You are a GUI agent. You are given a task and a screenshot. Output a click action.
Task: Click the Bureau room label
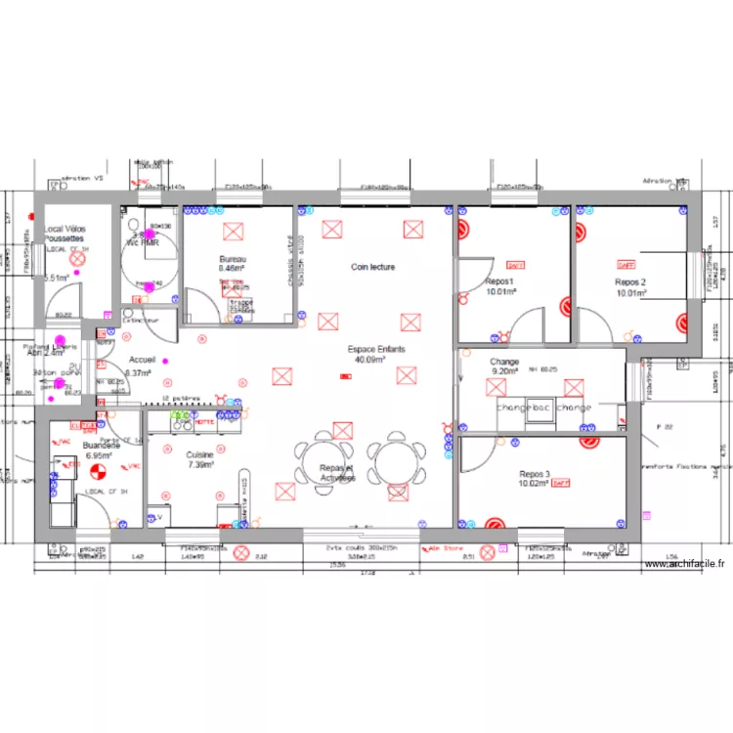(233, 258)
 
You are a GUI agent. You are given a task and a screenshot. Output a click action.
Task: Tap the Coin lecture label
(373, 267)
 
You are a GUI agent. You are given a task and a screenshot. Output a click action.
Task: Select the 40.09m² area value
(369, 359)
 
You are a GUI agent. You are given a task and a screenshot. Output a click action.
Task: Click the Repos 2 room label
(630, 281)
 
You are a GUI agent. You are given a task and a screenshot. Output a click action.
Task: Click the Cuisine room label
(199, 455)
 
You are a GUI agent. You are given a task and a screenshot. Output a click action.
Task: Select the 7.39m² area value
(199, 465)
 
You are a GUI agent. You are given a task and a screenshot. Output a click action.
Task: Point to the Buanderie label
(102, 446)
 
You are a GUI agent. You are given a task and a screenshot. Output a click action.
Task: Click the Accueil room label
(142, 361)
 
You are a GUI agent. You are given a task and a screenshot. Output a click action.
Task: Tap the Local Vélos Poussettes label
(65, 234)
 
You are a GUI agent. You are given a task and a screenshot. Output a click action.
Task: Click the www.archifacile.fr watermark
(685, 564)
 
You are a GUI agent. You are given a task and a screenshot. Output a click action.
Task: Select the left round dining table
(323, 460)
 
